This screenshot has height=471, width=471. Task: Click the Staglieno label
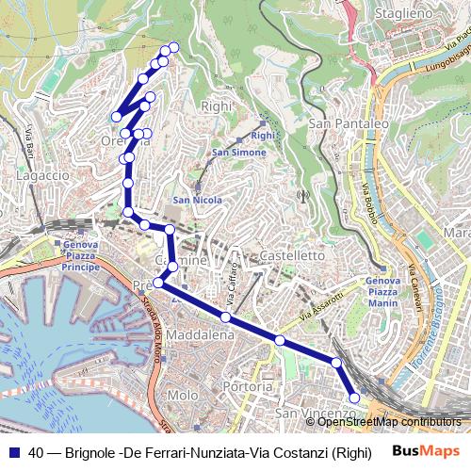point(403,14)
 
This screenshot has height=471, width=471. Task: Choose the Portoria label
point(248,386)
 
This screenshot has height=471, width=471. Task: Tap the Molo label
point(181,395)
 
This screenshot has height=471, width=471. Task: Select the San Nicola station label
point(197,201)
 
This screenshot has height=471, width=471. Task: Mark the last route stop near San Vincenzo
point(355,398)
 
